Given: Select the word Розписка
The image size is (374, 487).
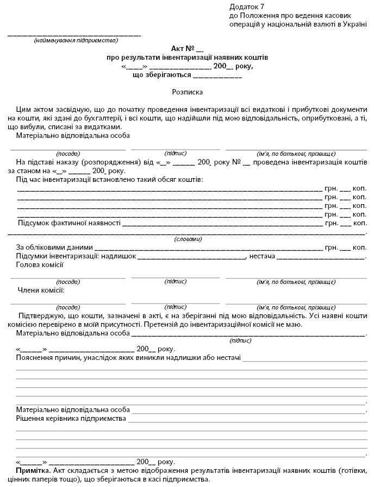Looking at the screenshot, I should pyautogui.click(x=187, y=93).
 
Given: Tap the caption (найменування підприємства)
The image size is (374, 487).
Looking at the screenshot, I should pyautogui.click(x=76, y=41).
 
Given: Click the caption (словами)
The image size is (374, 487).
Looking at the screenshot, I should pyautogui.click(x=188, y=239).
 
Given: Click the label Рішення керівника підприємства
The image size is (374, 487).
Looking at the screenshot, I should pyautogui.click(x=71, y=419).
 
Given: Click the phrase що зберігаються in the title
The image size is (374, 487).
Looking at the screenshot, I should pyautogui.click(x=158, y=75).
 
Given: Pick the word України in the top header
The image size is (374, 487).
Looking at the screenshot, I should pyautogui.click(x=353, y=24).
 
